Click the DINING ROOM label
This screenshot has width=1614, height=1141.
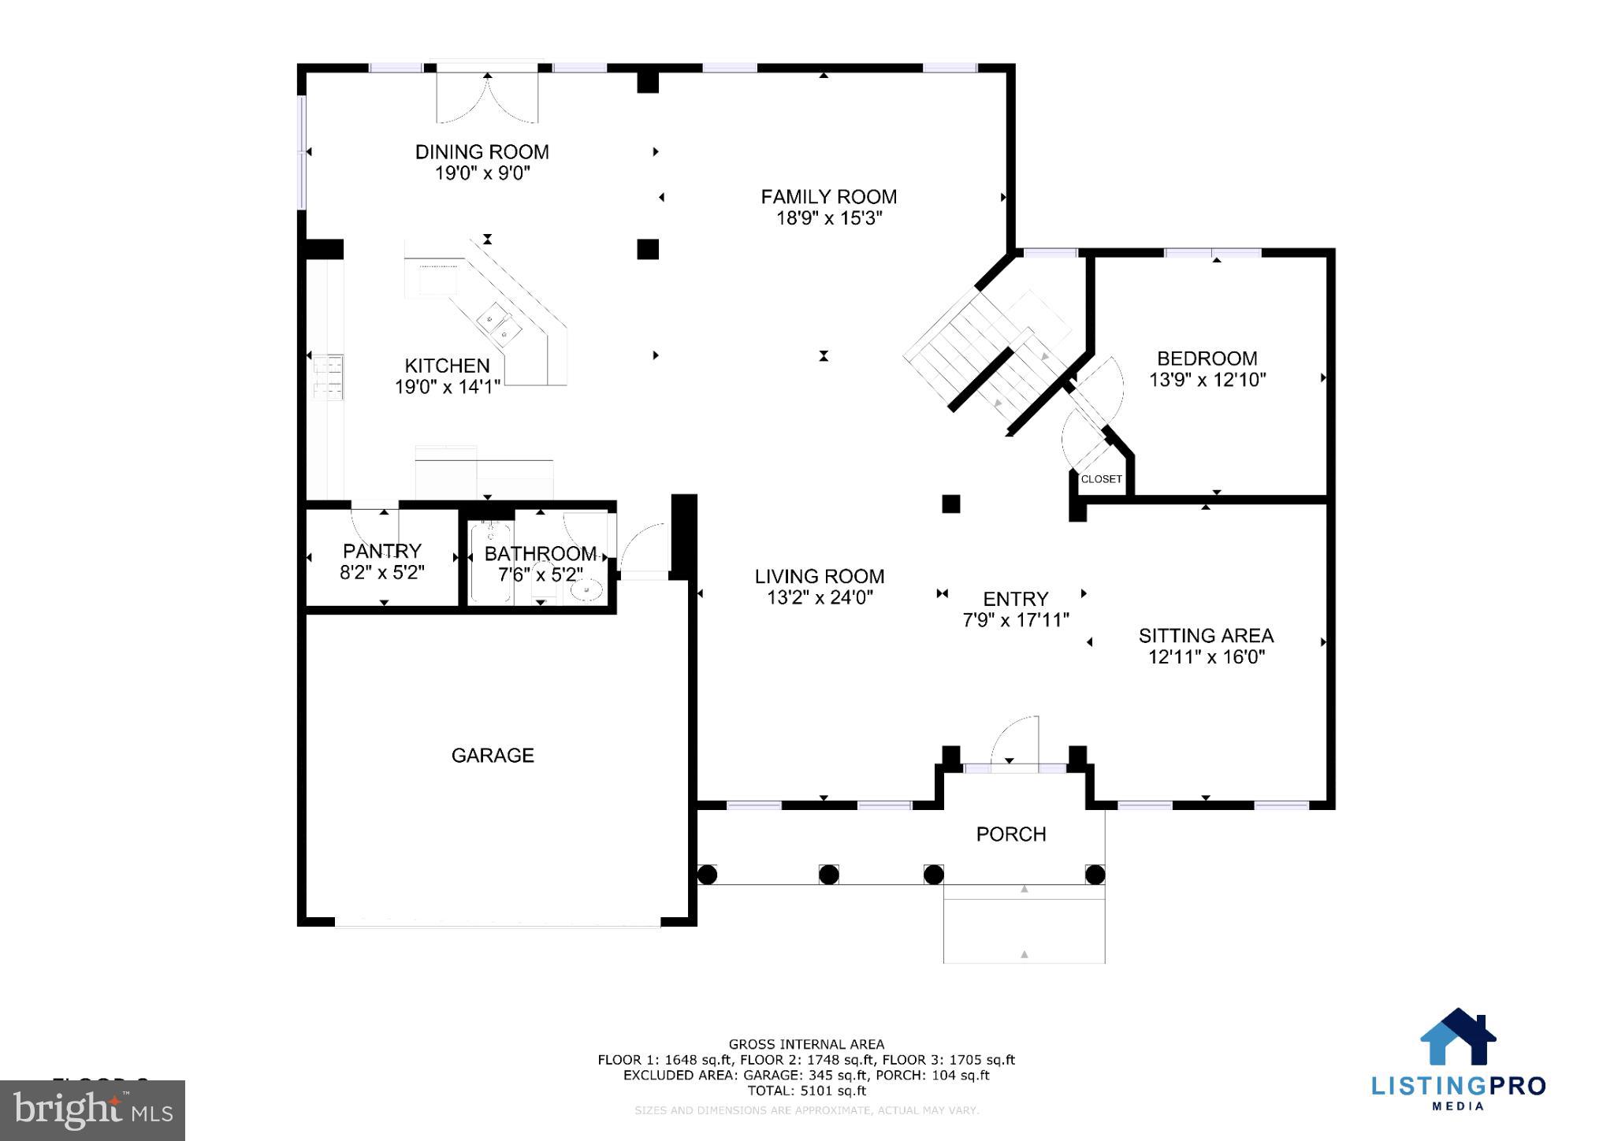[x=482, y=152]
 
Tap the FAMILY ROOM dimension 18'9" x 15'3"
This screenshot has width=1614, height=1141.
[x=828, y=218]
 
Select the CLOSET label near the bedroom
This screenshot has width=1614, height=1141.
[x=1101, y=479]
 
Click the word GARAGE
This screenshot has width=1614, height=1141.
[x=493, y=756]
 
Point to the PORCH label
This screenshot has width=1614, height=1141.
[x=1011, y=834]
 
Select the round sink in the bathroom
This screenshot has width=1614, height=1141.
[x=586, y=589]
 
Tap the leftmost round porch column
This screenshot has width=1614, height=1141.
[x=707, y=875]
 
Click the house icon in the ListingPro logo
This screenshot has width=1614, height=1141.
[x=1458, y=1038]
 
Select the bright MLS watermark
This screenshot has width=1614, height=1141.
[x=93, y=1110]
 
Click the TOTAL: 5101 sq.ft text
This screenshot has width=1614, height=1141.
[x=806, y=1091]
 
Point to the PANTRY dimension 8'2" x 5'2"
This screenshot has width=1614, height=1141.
[x=382, y=573]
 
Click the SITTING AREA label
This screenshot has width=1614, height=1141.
[x=1206, y=636]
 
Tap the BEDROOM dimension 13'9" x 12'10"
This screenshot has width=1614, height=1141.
[x=1207, y=380]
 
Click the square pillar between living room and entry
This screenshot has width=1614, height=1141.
[x=951, y=504]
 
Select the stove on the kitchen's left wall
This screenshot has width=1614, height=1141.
[x=328, y=377]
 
